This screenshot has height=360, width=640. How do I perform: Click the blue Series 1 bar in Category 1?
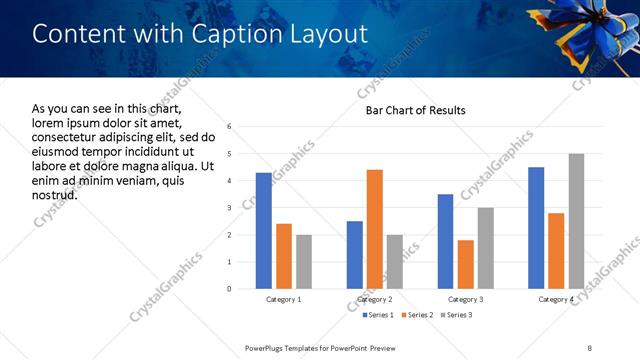pyautogui.click(x=264, y=231)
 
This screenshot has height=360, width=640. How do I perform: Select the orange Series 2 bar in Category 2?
pyautogui.click(x=375, y=229)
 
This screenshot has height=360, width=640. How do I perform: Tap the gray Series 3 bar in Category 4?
pyautogui.click(x=576, y=221)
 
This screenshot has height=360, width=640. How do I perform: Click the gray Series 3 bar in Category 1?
pyautogui.click(x=304, y=262)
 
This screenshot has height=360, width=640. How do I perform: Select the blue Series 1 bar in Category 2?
pyautogui.click(x=355, y=255)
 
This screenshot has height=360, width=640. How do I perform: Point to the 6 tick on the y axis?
pyautogui.click(x=230, y=127)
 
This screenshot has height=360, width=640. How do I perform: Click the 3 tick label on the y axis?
pyautogui.click(x=230, y=208)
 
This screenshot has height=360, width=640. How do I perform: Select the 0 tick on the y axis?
pyautogui.click(x=230, y=289)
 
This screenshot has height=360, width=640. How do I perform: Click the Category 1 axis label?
pyautogui.click(x=284, y=299)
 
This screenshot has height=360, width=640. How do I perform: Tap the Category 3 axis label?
pyautogui.click(x=466, y=299)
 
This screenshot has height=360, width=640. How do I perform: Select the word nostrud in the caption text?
pyautogui.click(x=54, y=194)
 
